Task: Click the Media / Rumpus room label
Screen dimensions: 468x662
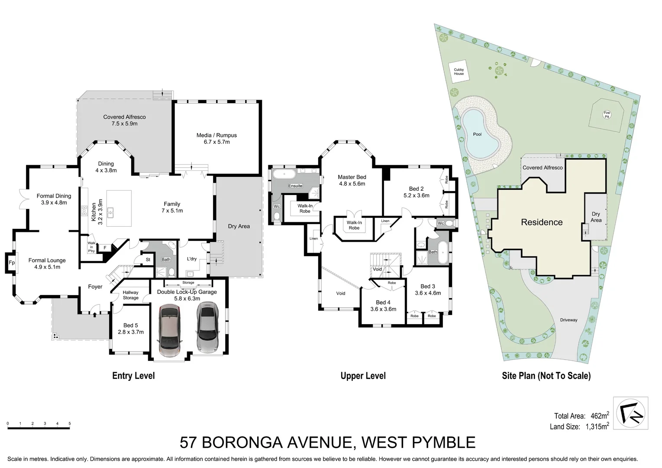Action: [216, 138]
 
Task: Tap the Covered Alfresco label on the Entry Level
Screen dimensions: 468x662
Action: [124, 120]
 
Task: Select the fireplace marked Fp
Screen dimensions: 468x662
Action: [11, 263]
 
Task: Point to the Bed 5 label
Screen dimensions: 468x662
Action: [130, 328]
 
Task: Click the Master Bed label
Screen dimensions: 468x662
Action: [352, 180]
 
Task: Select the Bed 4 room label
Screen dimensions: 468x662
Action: [383, 305]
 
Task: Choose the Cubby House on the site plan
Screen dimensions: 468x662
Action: [459, 71]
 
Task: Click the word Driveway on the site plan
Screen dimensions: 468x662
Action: [568, 320]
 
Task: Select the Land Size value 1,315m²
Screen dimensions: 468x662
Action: [596, 427]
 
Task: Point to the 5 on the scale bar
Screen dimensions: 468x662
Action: [69, 423]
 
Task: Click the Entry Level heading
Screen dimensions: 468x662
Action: [133, 376]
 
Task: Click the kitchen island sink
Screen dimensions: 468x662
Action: [111, 212]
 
